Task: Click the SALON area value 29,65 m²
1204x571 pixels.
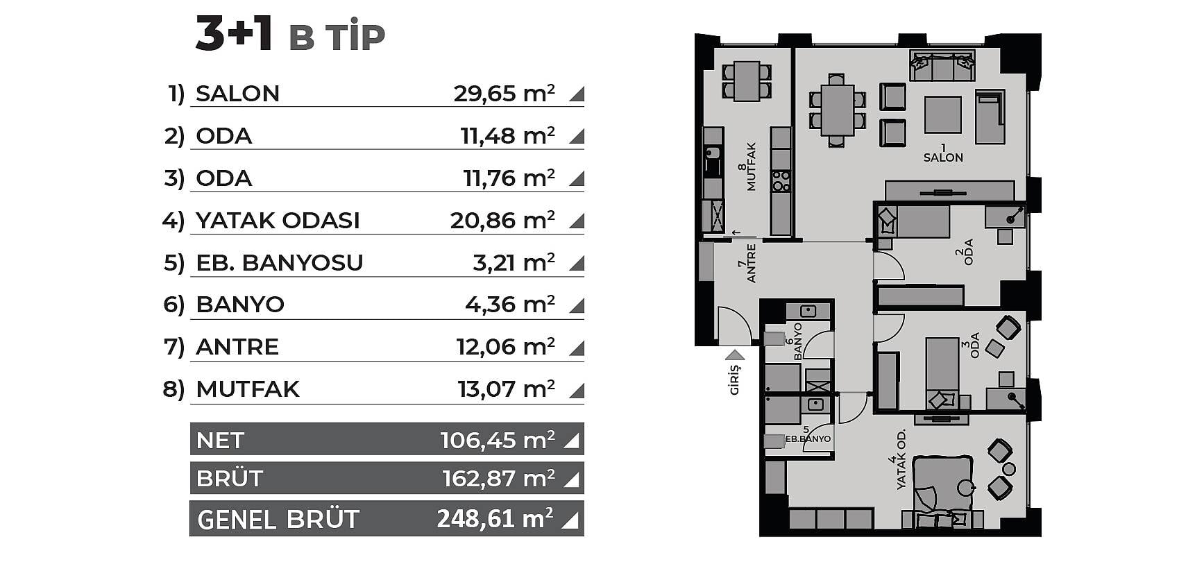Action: click(505, 93)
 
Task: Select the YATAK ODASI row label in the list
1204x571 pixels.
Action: click(278, 220)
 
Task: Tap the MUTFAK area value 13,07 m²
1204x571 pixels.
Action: click(507, 389)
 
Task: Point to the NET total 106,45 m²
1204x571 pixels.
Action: click(498, 440)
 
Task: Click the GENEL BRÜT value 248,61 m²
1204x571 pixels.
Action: click(495, 518)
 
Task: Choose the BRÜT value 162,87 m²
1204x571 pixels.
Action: click(499, 478)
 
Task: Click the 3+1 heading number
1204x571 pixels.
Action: click(234, 35)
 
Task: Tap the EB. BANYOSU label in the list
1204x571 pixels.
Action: click(280, 262)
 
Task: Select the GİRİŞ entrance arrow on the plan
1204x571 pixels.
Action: click(734, 355)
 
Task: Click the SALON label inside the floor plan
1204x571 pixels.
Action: click(943, 157)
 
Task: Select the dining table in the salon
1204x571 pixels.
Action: click(838, 110)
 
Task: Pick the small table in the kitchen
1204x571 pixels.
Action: click(747, 81)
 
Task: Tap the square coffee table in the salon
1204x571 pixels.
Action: click(943, 114)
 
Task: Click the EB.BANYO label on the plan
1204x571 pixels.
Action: click(808, 438)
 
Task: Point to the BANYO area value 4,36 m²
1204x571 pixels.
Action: click(510, 304)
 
